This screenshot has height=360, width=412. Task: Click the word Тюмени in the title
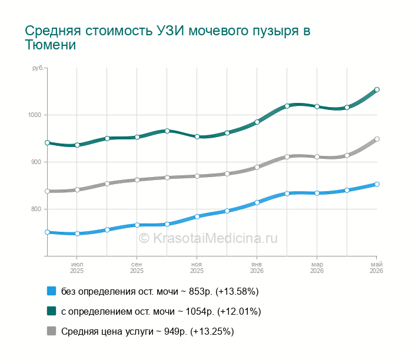coord(51,45)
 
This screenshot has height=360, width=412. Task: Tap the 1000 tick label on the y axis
coord(35,115)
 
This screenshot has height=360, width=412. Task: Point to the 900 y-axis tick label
coord(36,162)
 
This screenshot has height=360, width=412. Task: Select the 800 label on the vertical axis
coord(36,209)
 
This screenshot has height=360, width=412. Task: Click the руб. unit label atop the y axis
coord(38,68)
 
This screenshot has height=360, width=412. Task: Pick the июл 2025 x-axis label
coord(77,268)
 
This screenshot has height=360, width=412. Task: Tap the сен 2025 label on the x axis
coord(137,268)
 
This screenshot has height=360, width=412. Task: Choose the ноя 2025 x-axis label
coord(197,268)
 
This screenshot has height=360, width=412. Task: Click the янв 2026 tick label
coord(257,268)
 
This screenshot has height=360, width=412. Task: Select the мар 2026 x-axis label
coord(317,268)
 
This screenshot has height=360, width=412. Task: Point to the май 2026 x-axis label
coord(377,268)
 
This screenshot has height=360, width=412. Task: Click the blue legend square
coord(52,291)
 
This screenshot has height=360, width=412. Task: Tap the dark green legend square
coord(52,311)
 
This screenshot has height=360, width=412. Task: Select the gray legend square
coord(52,331)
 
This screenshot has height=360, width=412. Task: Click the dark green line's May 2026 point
coord(377,89)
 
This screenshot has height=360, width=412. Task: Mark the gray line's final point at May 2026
coord(377,139)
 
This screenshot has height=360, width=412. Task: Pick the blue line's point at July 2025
coord(77,234)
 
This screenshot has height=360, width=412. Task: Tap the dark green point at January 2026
coord(257,122)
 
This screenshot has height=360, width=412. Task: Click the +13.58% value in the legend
coord(237,291)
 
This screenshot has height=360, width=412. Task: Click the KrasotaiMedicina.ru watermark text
coord(208,238)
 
